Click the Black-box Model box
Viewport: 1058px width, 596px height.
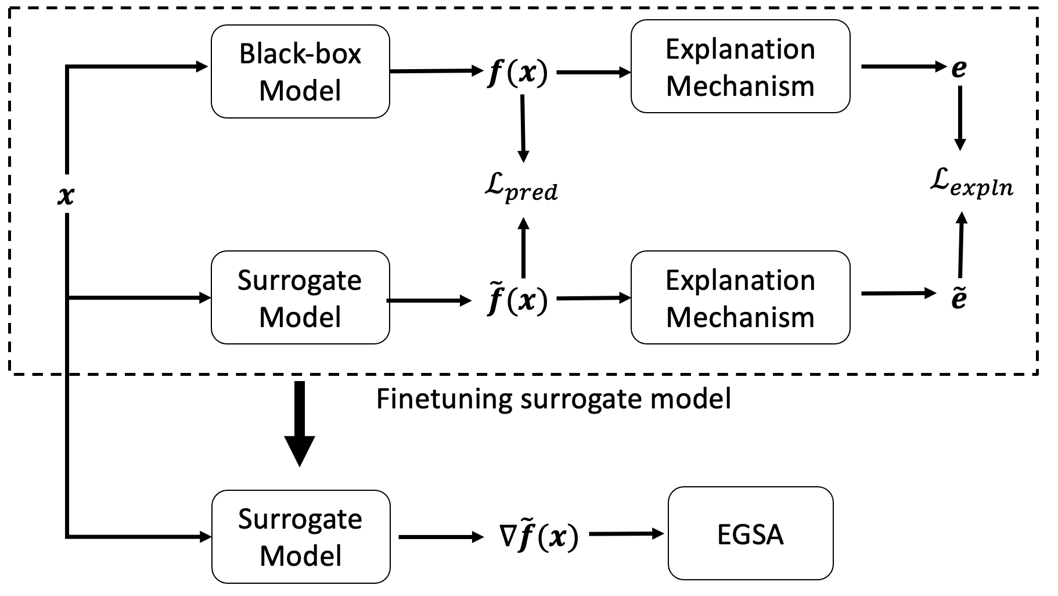(x=300, y=71)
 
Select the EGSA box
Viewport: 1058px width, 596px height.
(x=750, y=533)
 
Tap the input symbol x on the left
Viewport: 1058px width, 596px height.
(x=66, y=196)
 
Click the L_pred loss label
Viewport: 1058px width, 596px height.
(x=521, y=189)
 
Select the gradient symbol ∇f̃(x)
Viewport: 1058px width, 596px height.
(x=538, y=537)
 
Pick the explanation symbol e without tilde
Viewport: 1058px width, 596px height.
(x=959, y=69)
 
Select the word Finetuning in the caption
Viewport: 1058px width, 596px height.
(x=444, y=399)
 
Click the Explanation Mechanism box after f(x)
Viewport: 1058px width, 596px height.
(x=740, y=67)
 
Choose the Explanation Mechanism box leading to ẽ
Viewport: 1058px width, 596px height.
(x=740, y=298)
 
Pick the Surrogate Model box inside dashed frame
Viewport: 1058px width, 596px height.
(x=300, y=298)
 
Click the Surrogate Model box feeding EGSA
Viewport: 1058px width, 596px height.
(x=300, y=537)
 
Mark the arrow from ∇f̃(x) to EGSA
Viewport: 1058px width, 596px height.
(x=626, y=533)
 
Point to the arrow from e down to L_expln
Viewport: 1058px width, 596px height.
(x=960, y=119)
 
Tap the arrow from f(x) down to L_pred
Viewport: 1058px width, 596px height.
(x=523, y=128)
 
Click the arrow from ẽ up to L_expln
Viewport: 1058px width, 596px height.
(x=961, y=244)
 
